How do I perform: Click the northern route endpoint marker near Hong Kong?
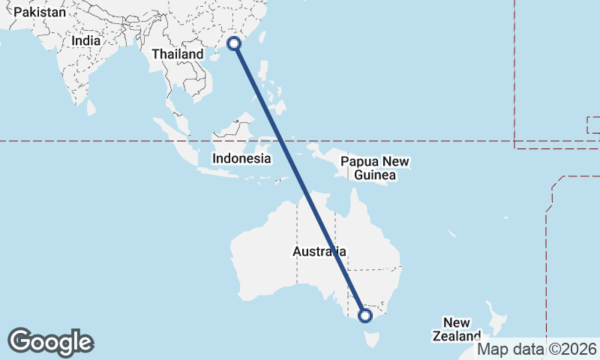pyautogui.click(x=234, y=43)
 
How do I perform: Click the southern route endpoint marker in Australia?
pyautogui.click(x=365, y=316)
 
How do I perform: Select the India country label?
pyautogui.click(x=85, y=41)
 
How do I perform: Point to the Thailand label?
pyautogui.click(x=177, y=55)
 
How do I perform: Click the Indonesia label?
pyautogui.click(x=241, y=158)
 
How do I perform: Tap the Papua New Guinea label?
pyautogui.click(x=375, y=168)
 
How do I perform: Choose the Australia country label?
pyautogui.click(x=319, y=252)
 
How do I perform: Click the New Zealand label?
pyautogui.click(x=456, y=329)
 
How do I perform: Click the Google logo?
pyautogui.click(x=50, y=342)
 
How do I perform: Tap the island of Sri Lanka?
pyautogui.click(x=91, y=106)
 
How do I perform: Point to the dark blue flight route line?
pyautogui.click(x=300, y=180)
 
